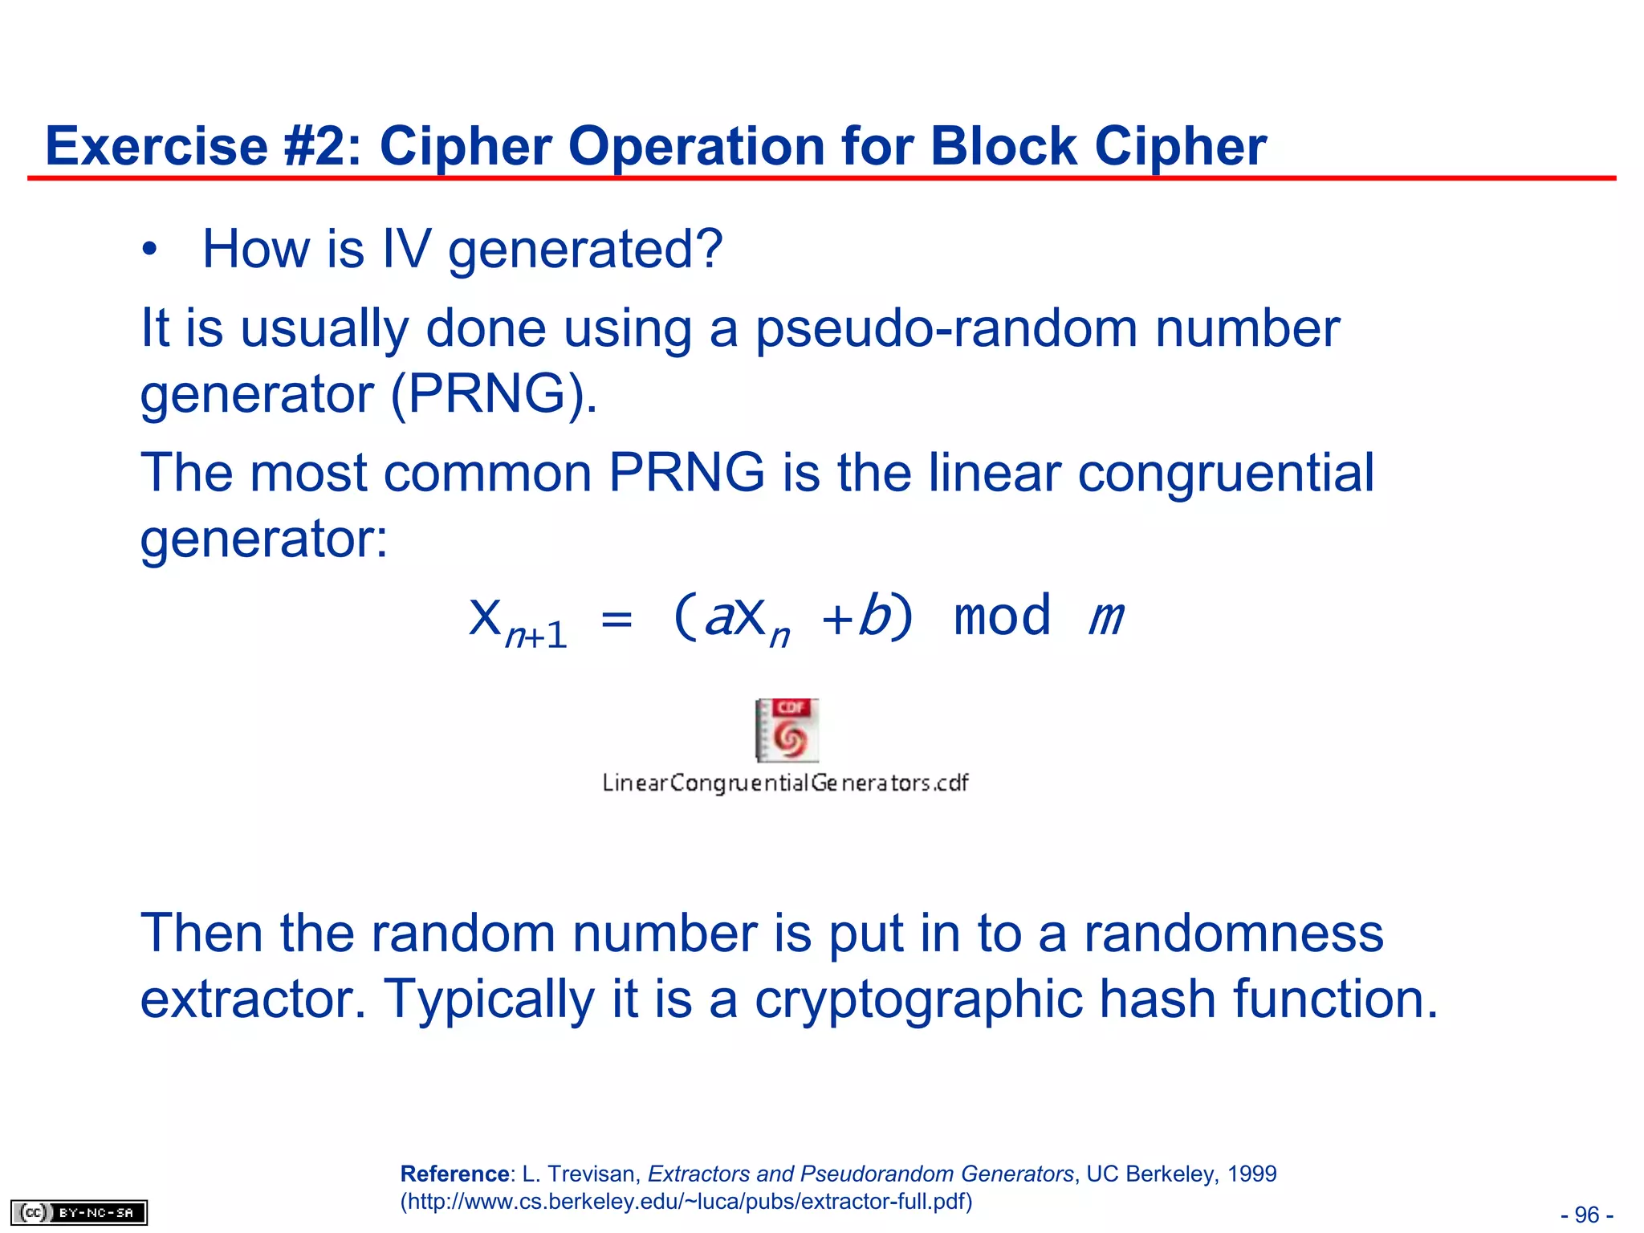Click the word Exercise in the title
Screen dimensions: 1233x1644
(156, 147)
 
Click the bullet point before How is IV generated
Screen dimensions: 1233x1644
(149, 250)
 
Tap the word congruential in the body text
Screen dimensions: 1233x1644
(1226, 473)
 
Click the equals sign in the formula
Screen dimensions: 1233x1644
(616, 619)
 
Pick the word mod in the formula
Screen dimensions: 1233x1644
(1002, 617)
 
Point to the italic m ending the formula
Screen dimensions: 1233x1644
(1107, 619)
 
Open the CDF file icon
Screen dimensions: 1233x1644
(787, 730)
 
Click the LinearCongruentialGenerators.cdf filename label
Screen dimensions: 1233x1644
(785, 783)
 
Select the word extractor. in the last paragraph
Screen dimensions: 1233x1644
(253, 999)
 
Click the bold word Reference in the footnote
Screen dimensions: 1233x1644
(454, 1174)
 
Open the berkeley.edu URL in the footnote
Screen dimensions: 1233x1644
(686, 1202)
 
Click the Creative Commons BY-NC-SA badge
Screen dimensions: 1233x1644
(79, 1212)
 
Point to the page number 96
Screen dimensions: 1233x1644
(1586, 1215)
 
